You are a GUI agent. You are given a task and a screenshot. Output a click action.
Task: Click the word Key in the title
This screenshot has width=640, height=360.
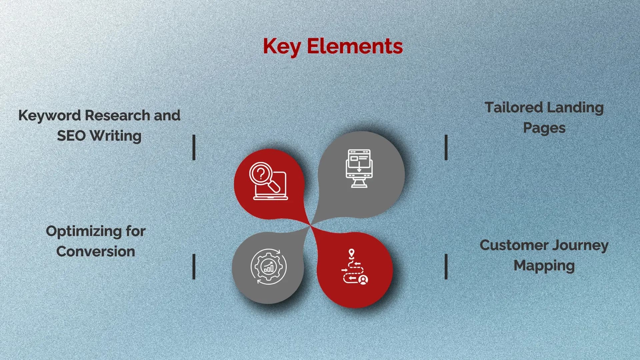coord(282,47)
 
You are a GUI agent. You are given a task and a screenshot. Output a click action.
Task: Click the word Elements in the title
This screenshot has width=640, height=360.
coord(355,46)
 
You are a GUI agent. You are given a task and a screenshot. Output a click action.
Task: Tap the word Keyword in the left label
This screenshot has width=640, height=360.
coord(50,116)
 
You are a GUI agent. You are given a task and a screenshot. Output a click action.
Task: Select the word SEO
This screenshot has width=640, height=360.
coord(71,136)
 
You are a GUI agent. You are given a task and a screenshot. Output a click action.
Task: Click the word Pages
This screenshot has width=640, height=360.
coord(544,128)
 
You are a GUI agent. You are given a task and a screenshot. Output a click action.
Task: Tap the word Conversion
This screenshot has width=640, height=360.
coord(96,252)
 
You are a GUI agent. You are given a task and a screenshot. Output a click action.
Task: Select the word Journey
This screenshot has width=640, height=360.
coord(580,245)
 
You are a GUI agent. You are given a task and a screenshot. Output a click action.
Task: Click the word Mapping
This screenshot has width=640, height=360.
coord(544,266)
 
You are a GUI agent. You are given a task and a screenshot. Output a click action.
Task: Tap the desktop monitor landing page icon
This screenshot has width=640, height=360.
coord(359,168)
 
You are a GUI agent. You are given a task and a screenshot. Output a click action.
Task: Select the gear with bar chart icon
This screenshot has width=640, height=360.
coord(268,267)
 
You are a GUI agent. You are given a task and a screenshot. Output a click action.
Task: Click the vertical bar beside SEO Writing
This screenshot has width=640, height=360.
coord(194,147)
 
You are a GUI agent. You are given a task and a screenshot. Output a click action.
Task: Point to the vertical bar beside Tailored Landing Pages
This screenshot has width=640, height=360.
coord(446,147)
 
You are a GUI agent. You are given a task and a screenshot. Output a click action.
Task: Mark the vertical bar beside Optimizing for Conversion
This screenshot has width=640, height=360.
coord(194,266)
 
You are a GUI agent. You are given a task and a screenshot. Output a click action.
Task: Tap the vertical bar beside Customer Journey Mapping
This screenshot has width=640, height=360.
coord(446,266)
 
